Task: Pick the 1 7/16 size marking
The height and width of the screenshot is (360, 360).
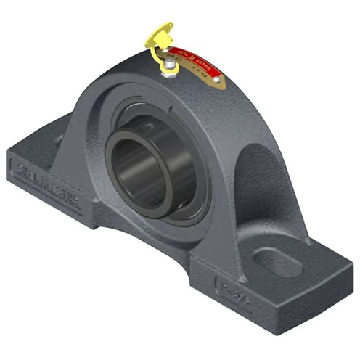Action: [x=206, y=61]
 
